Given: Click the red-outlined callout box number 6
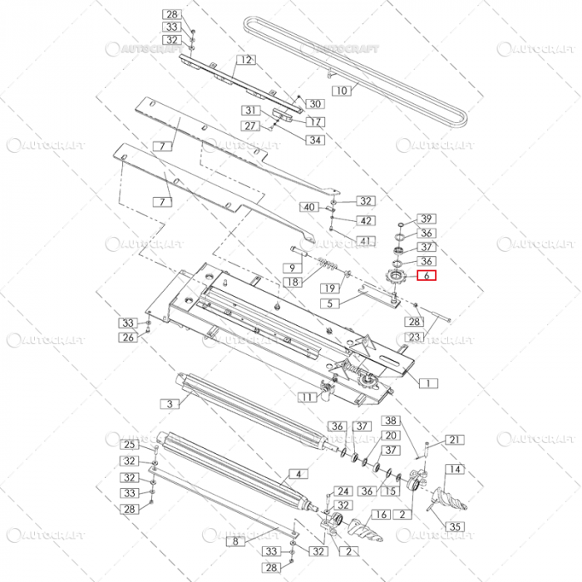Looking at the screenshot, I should pyautogui.click(x=426, y=276).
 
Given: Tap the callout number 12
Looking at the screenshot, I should pyautogui.click(x=245, y=60).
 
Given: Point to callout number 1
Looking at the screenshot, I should pyautogui.click(x=427, y=383).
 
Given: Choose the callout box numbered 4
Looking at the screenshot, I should pyautogui.click(x=293, y=476).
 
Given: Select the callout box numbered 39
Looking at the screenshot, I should pyautogui.click(x=426, y=217).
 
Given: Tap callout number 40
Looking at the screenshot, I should pyautogui.click(x=309, y=206).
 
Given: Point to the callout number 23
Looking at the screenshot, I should pyautogui.click(x=413, y=338).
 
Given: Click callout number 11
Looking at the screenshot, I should pyautogui.click(x=308, y=397).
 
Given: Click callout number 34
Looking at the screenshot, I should pyautogui.click(x=315, y=141).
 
